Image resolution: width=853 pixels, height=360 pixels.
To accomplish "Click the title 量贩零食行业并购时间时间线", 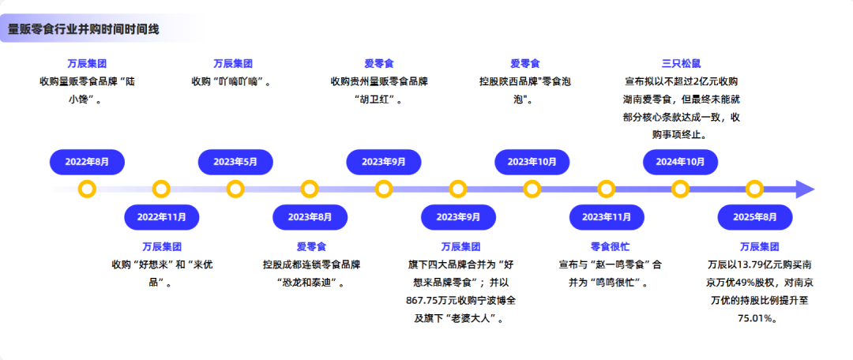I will tap(83, 29).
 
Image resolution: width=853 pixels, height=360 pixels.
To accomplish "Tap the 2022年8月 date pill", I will tap(87, 162).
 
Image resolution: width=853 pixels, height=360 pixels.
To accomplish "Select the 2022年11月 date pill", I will tap(162, 216).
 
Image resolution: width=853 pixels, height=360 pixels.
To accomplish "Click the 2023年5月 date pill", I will tap(235, 162).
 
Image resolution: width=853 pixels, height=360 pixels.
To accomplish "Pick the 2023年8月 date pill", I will tap(310, 216).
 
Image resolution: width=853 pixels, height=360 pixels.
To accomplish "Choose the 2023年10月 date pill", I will tap(532, 162).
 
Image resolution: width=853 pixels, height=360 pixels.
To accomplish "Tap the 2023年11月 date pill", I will tap(607, 216).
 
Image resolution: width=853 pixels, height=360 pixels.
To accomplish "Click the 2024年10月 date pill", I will tap(681, 162).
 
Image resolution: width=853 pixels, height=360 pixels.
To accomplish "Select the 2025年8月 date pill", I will tap(755, 216).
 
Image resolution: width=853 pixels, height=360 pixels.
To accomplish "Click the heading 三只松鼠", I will tap(681, 63).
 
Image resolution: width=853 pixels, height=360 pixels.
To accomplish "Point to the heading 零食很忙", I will tap(607, 246).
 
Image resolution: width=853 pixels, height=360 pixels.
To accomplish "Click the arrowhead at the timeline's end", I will tap(805, 189).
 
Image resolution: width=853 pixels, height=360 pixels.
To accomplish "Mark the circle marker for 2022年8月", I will tap(88, 189).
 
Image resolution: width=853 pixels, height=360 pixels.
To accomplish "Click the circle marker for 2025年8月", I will tap(755, 189).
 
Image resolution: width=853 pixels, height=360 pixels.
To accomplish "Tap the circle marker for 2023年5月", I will tap(235, 189).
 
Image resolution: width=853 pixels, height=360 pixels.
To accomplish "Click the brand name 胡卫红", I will tap(383, 99).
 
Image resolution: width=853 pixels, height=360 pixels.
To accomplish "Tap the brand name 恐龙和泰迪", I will tap(309, 283).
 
